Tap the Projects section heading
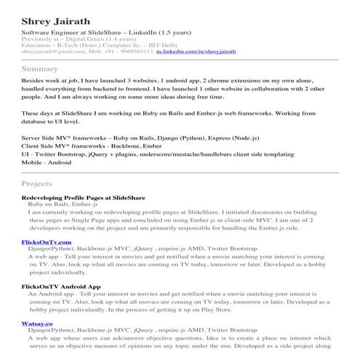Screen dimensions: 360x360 coord(37,184)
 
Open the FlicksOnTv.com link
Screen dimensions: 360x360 coord(47,241)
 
